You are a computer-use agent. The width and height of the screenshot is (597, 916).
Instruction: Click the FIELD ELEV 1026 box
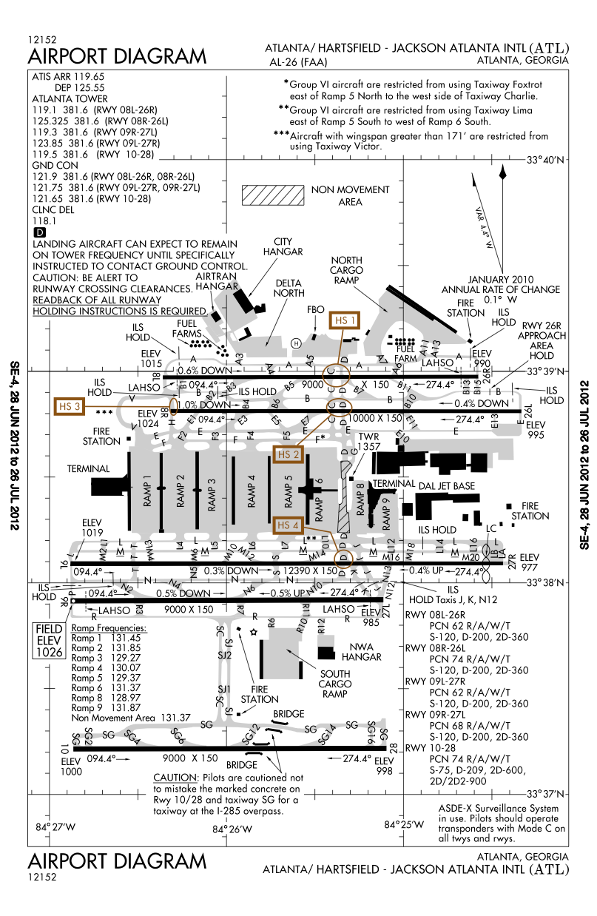(49, 640)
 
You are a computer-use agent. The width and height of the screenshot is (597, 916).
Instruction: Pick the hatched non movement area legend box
(272, 195)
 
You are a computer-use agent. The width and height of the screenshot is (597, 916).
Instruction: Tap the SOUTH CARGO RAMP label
(334, 684)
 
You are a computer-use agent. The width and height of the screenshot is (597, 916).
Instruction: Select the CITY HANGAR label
(288, 246)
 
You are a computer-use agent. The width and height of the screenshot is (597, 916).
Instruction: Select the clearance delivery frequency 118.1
(45, 220)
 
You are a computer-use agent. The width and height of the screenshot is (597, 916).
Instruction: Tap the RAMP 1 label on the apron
(146, 491)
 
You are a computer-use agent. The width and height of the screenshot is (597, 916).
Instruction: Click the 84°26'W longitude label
(232, 829)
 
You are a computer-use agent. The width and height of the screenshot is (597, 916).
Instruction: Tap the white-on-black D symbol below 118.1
(38, 232)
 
